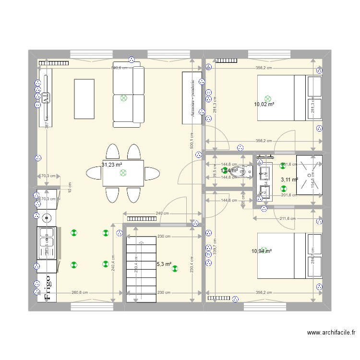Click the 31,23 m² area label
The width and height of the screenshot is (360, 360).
(111, 165)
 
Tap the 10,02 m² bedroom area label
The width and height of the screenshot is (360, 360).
(264, 104)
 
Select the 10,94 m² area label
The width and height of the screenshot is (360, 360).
(262, 251)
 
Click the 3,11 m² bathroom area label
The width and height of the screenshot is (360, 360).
(289, 180)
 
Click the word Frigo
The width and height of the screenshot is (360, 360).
(48, 287)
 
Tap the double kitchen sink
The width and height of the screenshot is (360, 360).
(47, 242)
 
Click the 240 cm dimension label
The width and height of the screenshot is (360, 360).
(162, 214)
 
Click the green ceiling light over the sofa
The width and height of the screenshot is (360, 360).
(124, 97)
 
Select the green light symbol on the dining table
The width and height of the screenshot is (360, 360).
(123, 172)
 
